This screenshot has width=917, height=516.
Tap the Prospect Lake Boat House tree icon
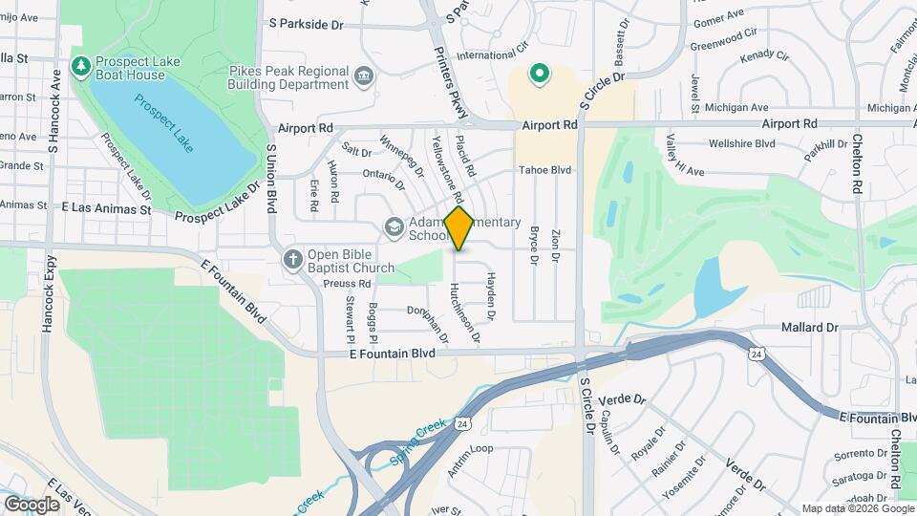click(x=81, y=66)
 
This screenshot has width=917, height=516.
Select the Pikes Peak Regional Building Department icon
click(x=363, y=76)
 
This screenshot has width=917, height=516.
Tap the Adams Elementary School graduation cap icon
click(x=393, y=227)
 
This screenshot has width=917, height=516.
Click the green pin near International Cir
click(x=539, y=73)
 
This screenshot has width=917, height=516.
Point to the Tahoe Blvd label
click(x=544, y=170)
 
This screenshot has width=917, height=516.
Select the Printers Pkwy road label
click(x=451, y=84)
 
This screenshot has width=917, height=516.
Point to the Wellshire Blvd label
click(x=741, y=144)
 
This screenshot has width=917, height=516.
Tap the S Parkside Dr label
click(x=306, y=24)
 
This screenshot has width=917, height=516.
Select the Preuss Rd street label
click(x=347, y=284)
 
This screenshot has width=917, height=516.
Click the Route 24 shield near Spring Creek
click(x=462, y=423)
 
